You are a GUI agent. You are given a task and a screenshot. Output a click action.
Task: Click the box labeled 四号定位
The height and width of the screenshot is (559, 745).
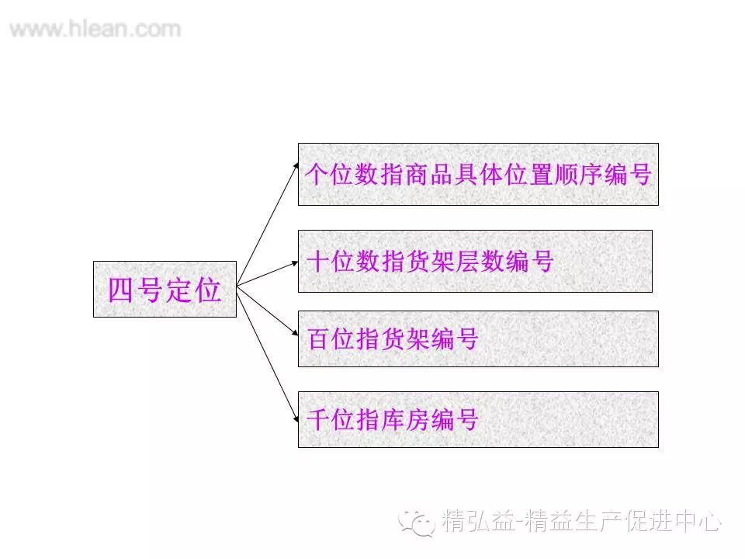point(165,289)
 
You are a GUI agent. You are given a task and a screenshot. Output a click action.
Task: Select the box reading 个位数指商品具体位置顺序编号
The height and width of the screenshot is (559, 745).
point(478,174)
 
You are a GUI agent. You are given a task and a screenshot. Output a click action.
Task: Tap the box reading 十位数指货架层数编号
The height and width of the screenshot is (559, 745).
point(475,261)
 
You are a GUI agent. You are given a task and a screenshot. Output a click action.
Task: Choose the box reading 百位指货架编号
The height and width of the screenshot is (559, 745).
point(478,339)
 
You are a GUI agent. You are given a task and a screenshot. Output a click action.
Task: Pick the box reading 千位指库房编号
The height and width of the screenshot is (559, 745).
point(478,419)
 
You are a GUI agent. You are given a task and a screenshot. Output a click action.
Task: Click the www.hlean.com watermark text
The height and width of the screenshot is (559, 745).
point(95,30)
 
